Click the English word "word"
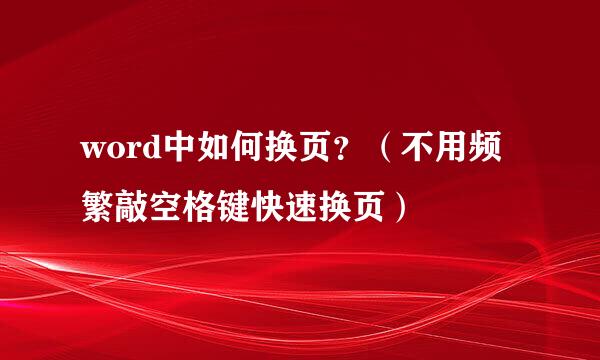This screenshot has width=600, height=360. point(117,151)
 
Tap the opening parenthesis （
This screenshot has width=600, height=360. point(393,151)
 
